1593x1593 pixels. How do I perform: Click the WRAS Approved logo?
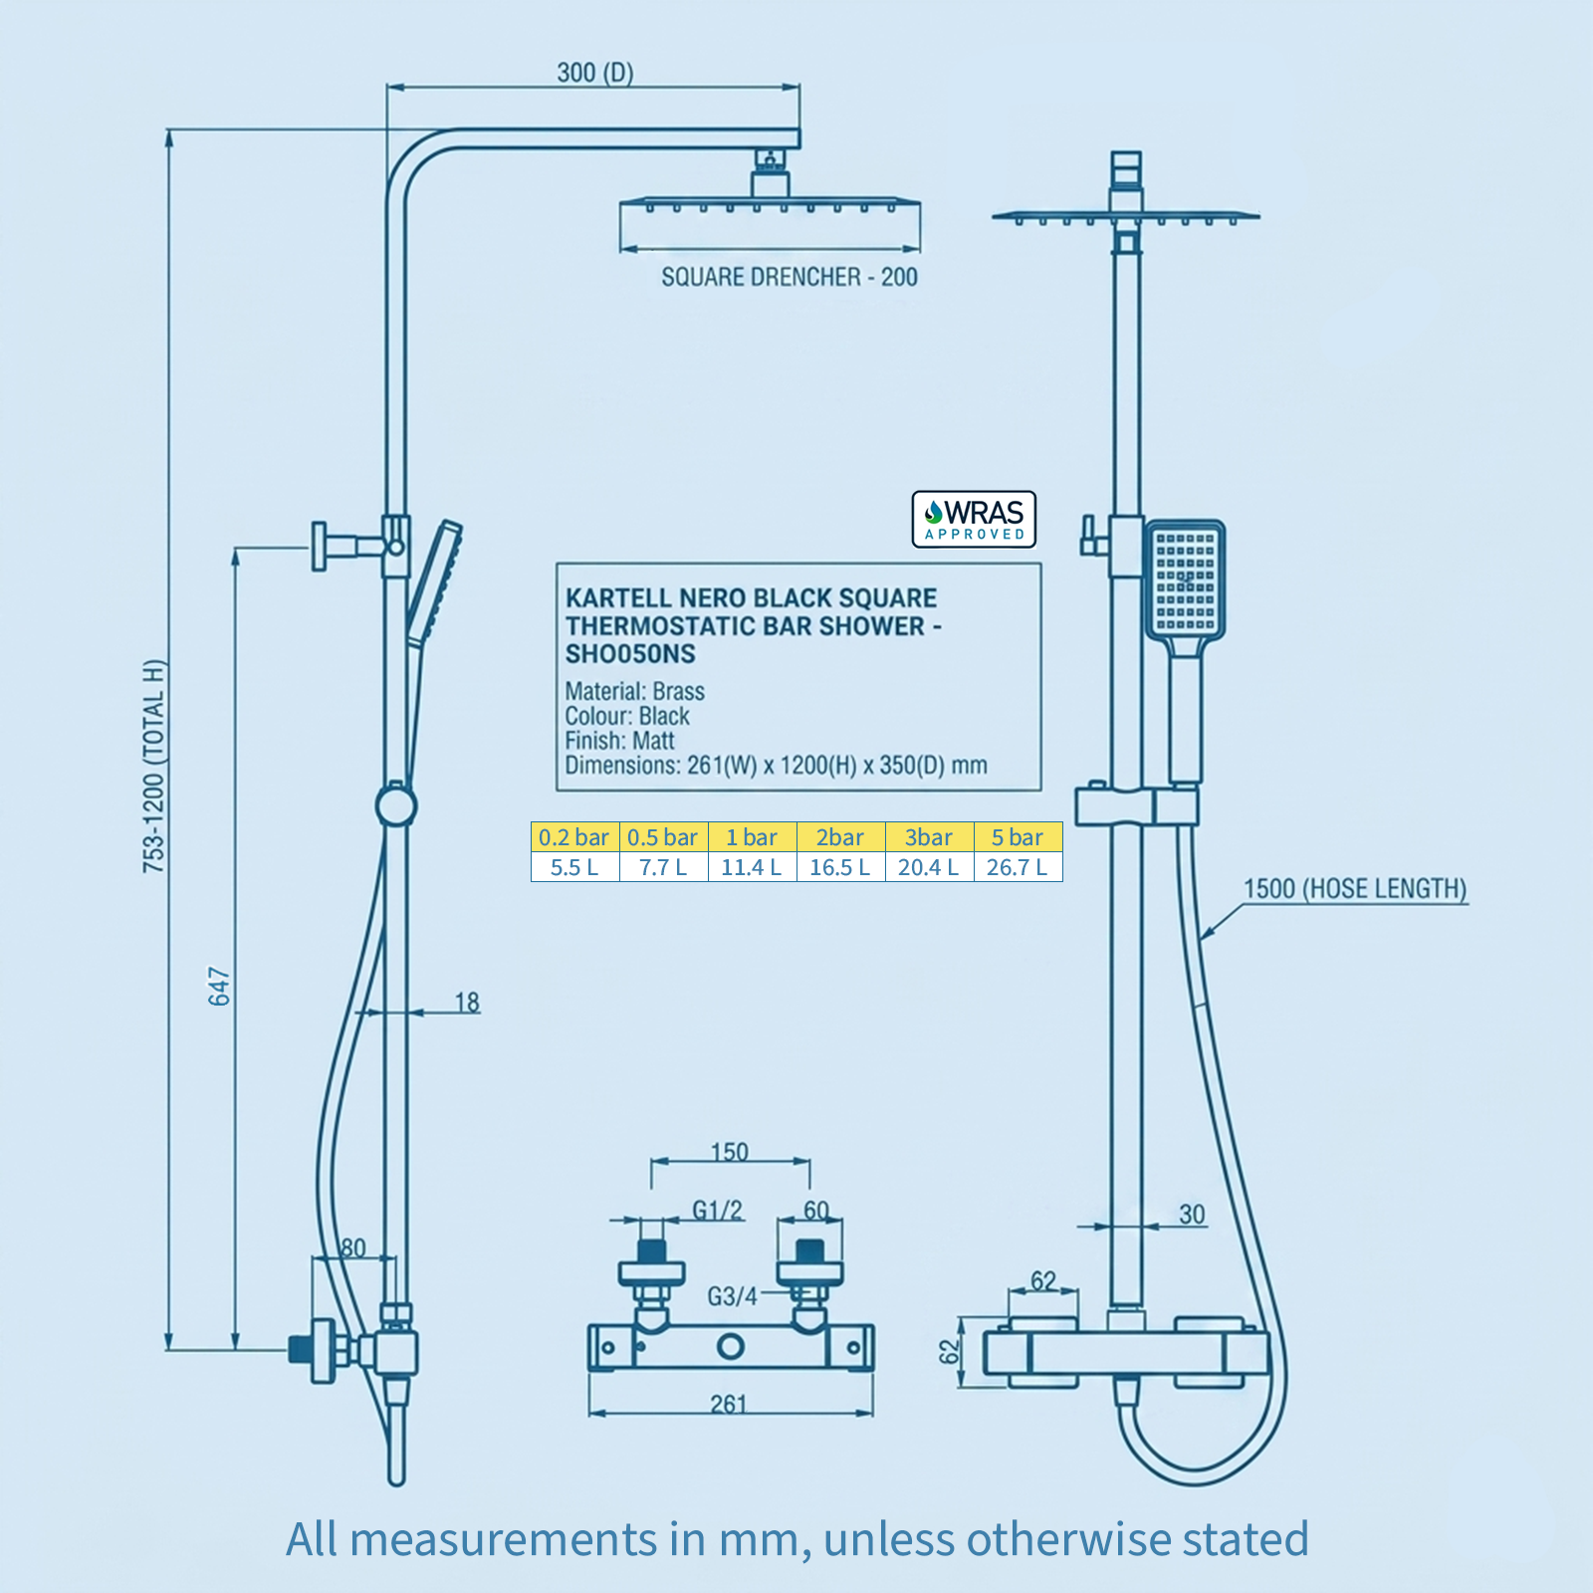[974, 519]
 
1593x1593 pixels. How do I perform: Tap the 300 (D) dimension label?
[594, 73]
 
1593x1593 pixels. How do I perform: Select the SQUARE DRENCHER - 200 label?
[790, 277]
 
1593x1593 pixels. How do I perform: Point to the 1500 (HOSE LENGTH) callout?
[1355, 889]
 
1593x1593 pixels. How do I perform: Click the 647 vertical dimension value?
[219, 986]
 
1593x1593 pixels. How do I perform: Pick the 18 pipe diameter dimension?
[467, 1002]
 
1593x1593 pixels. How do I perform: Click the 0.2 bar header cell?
[574, 837]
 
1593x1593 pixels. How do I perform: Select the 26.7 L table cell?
[1018, 867]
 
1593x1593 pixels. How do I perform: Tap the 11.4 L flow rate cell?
[752, 867]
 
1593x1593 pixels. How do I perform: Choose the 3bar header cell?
[929, 837]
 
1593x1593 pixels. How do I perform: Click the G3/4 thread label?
[732, 1296]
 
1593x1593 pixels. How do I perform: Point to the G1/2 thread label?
[718, 1210]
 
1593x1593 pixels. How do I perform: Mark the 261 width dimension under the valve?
[729, 1404]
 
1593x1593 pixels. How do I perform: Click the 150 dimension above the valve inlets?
[730, 1152]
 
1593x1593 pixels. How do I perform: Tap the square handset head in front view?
[1185, 579]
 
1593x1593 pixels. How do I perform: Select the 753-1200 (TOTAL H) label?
[154, 767]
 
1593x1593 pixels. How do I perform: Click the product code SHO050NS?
[630, 654]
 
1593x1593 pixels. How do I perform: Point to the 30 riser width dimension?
[1192, 1215]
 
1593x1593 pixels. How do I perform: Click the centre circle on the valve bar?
[731, 1347]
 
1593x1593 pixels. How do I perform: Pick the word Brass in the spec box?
[678, 691]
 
